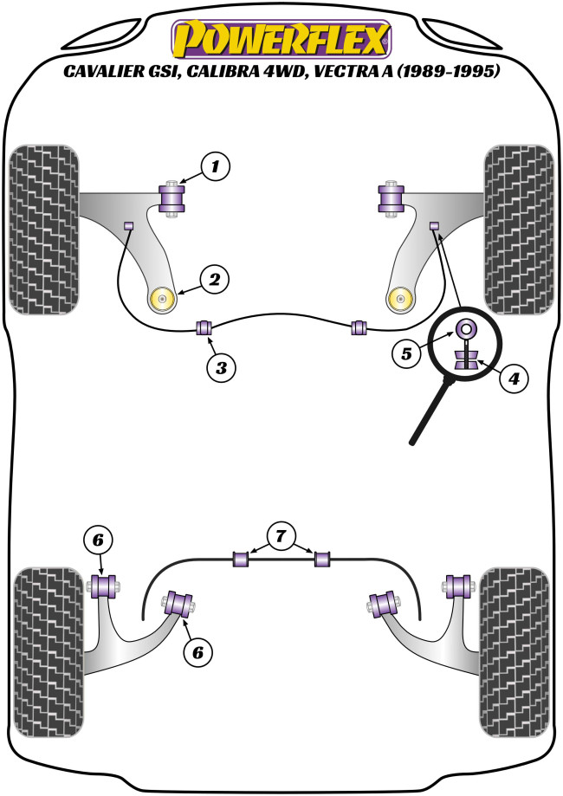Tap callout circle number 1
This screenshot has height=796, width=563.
217,165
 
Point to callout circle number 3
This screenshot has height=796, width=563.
222,368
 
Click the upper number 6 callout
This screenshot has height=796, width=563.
98,540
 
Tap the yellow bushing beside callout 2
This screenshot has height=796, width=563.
163,299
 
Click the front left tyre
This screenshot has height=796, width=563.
43,230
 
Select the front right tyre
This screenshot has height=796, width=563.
520,230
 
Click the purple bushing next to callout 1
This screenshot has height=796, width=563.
176,198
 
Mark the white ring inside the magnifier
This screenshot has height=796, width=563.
465,328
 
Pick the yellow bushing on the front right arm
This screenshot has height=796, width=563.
400,299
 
